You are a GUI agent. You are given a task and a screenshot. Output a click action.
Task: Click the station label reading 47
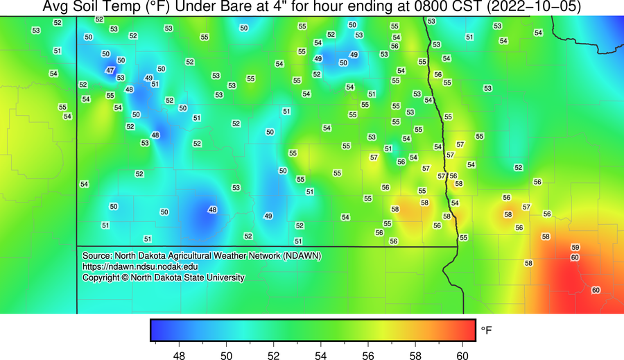click(110, 70)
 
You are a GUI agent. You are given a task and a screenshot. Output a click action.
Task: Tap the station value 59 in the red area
click(575, 248)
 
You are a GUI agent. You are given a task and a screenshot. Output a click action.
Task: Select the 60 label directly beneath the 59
click(575, 257)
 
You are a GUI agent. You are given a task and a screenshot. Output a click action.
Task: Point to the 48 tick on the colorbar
click(179, 356)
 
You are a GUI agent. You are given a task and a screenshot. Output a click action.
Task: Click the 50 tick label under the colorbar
click(226, 356)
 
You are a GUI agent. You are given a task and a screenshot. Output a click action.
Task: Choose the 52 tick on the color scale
click(273, 356)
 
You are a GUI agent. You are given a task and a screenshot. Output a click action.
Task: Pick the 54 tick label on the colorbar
click(320, 356)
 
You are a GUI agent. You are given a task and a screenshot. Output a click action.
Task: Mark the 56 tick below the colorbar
click(367, 356)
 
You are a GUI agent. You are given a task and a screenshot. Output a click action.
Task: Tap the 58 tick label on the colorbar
click(415, 356)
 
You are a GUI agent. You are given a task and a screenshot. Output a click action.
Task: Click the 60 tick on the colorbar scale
click(462, 356)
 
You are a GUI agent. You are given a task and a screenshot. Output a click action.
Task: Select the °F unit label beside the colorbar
click(487, 331)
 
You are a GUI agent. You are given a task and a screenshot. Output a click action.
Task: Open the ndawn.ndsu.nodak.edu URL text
click(140, 266)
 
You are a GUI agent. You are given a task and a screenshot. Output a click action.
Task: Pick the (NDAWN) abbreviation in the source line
click(302, 255)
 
